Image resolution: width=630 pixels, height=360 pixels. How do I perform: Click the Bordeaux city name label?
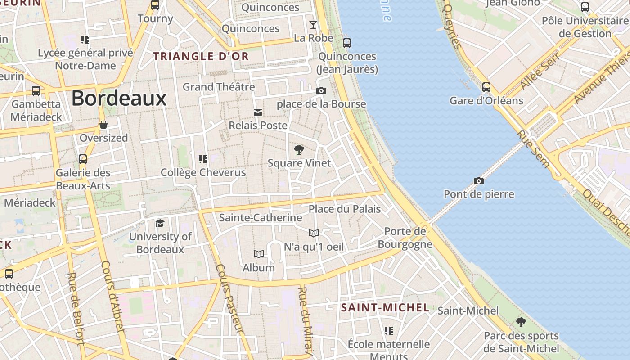point(119,98)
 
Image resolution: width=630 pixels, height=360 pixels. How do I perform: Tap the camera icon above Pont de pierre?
point(479,181)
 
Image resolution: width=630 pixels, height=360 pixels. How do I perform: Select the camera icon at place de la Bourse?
point(321,90)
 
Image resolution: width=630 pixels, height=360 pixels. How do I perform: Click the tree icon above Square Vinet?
point(299,150)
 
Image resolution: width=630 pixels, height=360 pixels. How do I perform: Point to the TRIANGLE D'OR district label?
point(201,56)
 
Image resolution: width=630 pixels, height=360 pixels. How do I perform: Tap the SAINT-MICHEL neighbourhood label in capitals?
point(385,308)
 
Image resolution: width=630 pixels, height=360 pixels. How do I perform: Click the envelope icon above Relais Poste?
point(258,112)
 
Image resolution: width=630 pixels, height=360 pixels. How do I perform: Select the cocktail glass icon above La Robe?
point(313,24)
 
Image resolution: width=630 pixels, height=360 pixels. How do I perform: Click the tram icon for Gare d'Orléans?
point(486,87)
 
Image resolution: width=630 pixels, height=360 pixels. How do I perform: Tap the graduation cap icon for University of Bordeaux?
point(160,223)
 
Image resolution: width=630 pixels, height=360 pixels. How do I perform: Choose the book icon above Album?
point(259,254)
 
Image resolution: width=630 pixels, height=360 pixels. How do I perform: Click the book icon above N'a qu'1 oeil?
point(314,233)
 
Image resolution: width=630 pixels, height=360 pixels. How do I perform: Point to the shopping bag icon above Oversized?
point(103,125)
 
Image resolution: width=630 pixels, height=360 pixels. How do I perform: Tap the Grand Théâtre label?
point(219,86)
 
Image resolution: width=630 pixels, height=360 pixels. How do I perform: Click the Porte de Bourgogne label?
point(405,238)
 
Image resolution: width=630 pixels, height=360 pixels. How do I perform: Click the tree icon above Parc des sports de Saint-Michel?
point(521,322)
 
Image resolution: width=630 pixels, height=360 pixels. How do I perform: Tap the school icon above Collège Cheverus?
point(203,159)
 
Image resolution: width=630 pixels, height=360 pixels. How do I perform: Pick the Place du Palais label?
point(345,209)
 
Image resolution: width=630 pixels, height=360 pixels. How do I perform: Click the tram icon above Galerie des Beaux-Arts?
point(83,159)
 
